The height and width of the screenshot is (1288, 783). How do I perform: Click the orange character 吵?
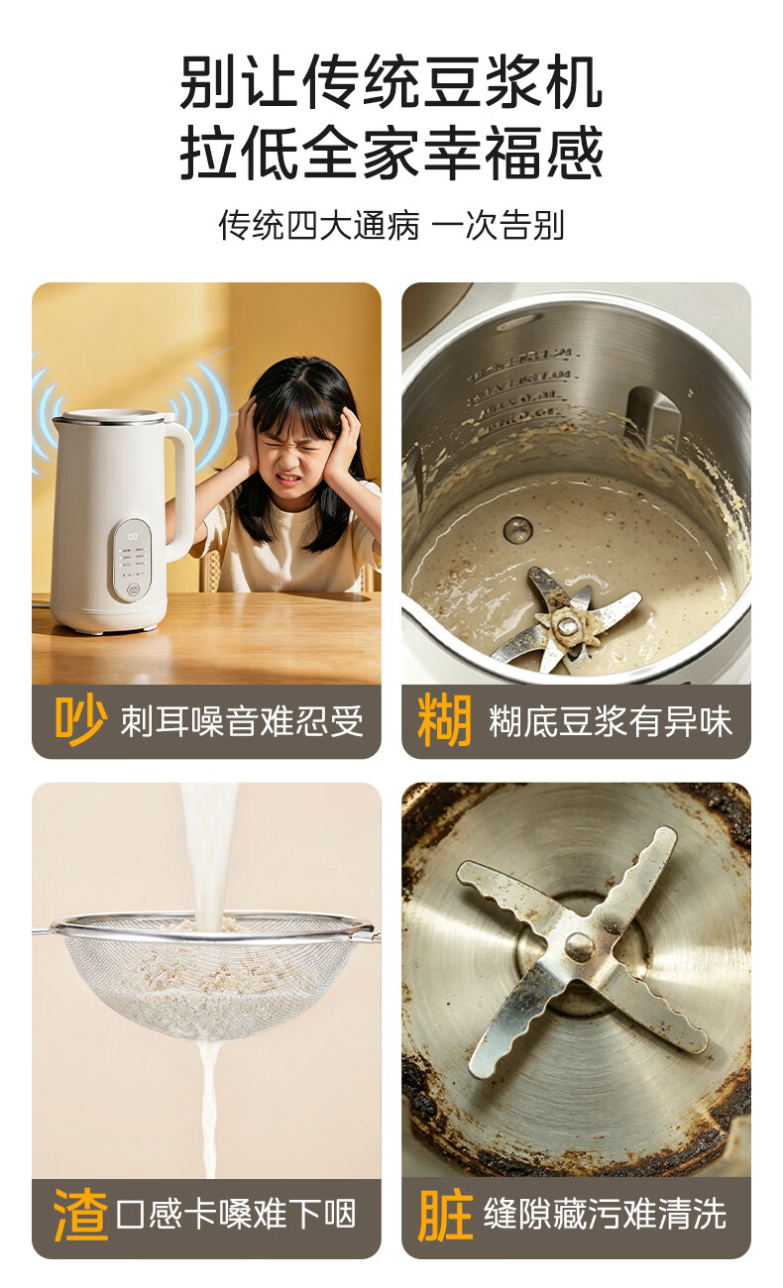(x=80, y=720)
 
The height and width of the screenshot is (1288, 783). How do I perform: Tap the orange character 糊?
(x=445, y=720)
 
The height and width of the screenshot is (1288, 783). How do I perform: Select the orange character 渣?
(x=80, y=1215)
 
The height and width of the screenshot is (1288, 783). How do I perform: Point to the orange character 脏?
(x=445, y=1215)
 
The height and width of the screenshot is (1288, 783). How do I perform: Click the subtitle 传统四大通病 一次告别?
(x=391, y=225)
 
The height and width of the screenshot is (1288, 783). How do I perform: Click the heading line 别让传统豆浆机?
(x=391, y=81)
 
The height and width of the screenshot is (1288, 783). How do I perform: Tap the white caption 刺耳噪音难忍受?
(x=242, y=721)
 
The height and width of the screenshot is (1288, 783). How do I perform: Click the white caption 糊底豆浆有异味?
(x=611, y=721)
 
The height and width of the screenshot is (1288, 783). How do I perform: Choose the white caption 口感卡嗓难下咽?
(x=236, y=1215)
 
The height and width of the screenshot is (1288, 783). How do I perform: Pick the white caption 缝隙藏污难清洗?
(x=605, y=1215)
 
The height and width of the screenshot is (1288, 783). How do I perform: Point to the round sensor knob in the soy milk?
(x=517, y=529)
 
